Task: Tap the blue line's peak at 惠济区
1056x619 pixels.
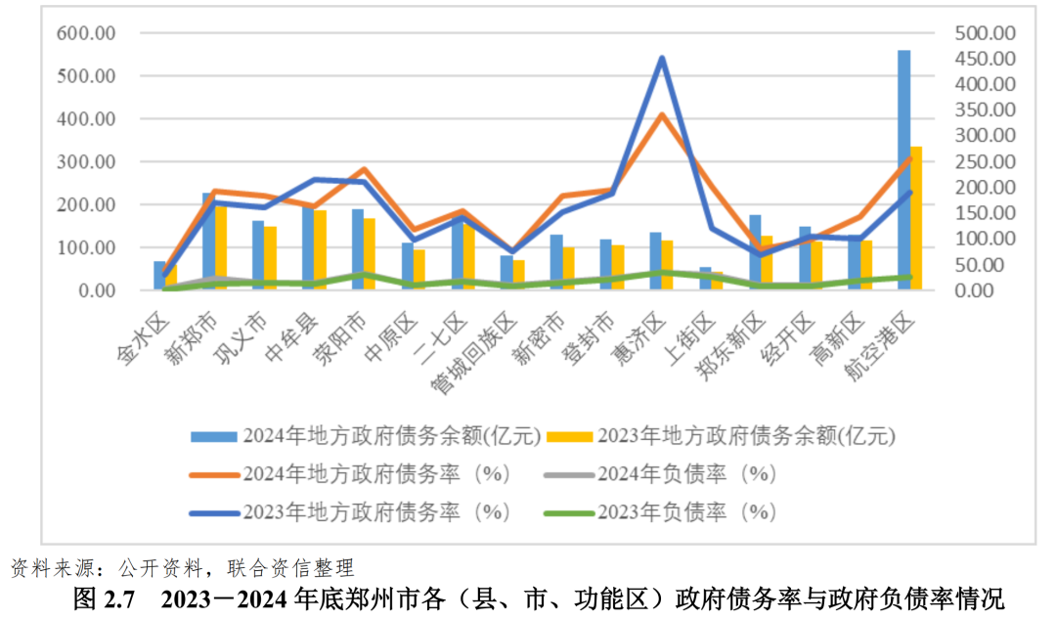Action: (662, 59)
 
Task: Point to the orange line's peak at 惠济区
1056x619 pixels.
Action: (662, 114)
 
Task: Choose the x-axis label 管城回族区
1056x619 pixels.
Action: (477, 353)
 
